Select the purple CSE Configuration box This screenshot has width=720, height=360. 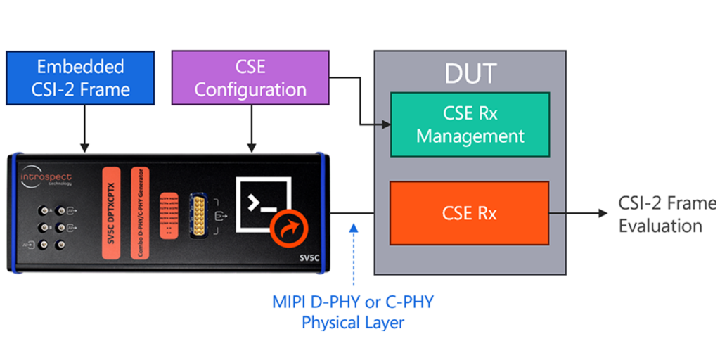pyautogui.click(x=250, y=78)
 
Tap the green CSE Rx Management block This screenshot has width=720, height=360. pyautogui.click(x=470, y=125)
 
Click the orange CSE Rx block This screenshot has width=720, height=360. pyautogui.click(x=469, y=212)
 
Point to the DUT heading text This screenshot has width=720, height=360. pyautogui.click(x=470, y=72)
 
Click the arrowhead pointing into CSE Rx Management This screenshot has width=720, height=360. pyautogui.click(x=386, y=126)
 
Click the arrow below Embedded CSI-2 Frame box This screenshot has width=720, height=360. pyautogui.click(x=84, y=130)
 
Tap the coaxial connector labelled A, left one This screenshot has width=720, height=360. pyautogui.click(x=43, y=210)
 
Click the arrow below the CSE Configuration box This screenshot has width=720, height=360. pyautogui.click(x=251, y=130)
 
